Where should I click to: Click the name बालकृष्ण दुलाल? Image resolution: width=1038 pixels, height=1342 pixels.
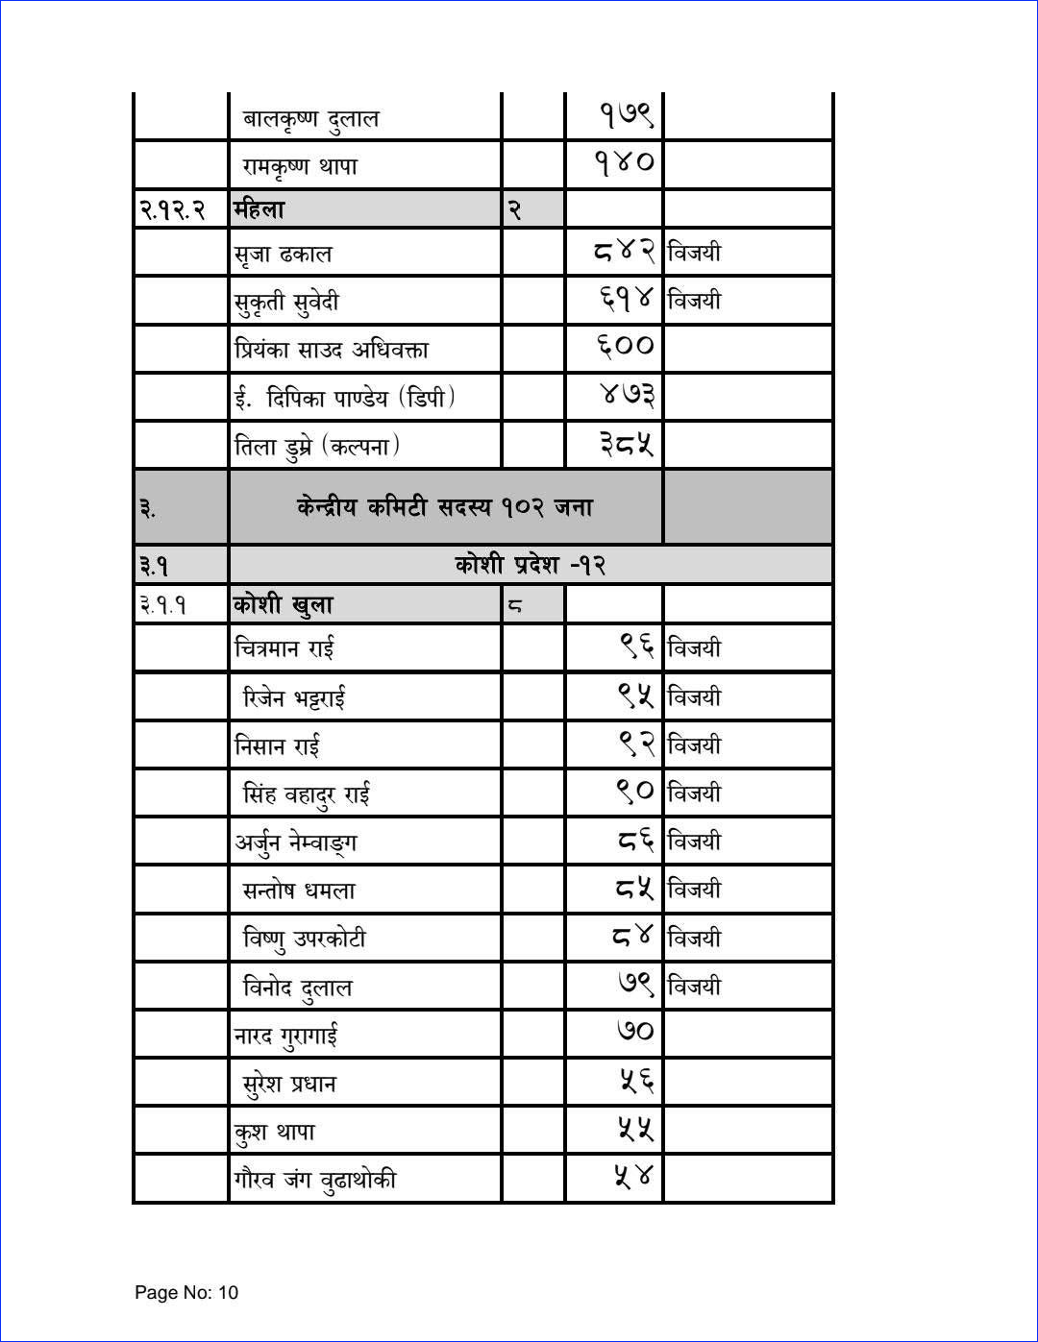310,119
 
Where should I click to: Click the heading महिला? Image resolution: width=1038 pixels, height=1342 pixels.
259,208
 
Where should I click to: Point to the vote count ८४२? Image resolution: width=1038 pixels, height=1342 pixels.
625,252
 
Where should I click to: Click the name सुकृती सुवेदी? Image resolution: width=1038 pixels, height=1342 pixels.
286,303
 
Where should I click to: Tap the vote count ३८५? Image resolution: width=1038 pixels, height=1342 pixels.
627,444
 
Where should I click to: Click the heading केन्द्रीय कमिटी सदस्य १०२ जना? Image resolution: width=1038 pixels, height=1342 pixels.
445,506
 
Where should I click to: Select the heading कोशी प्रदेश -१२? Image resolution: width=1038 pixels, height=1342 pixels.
531,564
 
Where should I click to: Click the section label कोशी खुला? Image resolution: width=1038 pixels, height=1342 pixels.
284,605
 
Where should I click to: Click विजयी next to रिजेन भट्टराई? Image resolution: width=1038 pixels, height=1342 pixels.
694,697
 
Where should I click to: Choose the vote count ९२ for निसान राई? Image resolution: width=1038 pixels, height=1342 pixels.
636,744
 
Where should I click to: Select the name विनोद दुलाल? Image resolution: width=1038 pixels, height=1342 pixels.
297,988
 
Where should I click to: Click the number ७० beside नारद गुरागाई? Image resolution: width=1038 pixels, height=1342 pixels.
635,1032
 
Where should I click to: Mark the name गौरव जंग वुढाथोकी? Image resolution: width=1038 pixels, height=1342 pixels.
315,1180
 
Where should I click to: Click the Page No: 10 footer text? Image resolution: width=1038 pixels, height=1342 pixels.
186,1292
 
